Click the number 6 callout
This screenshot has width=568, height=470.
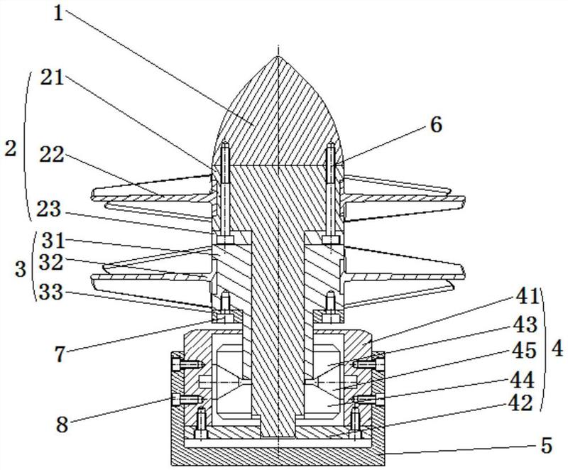tap(435, 125)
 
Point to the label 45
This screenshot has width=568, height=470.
tap(527, 351)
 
